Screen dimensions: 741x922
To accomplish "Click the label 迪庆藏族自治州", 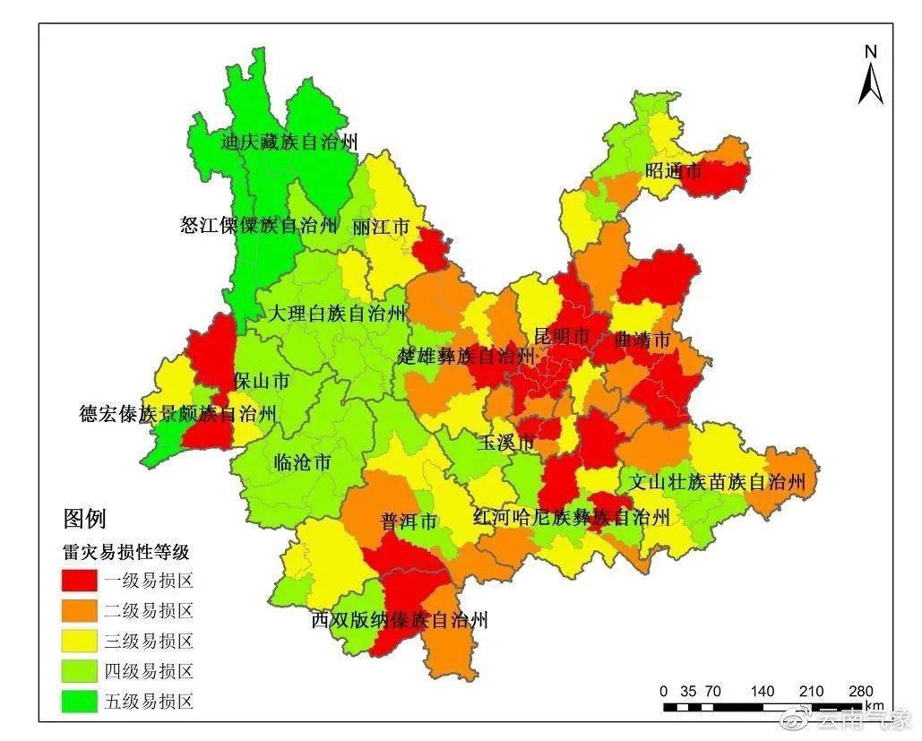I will click(x=289, y=142).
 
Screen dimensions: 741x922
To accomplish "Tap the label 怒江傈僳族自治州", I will click(x=260, y=225).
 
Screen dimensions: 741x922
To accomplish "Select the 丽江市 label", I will click(x=381, y=227).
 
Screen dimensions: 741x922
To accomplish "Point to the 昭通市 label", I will click(x=673, y=169).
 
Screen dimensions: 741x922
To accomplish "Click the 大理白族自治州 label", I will click(x=336, y=314).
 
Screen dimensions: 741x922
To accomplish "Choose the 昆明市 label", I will click(x=562, y=336).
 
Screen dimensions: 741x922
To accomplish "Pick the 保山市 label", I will click(x=261, y=381).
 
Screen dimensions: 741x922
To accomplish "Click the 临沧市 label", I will click(x=301, y=463).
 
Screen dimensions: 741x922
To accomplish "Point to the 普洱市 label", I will click(x=409, y=521).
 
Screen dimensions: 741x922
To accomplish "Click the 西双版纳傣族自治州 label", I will click(x=400, y=619).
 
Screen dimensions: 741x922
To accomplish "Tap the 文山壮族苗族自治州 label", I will click(x=717, y=482).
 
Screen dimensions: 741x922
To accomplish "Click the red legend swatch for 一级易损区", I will click(x=79, y=580).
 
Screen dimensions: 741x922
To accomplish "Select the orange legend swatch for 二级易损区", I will click(x=79, y=611).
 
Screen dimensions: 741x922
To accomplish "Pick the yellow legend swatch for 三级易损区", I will click(x=79, y=641).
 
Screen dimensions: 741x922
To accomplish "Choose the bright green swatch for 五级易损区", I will click(x=79, y=701).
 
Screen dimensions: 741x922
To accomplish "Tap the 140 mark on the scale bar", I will click(x=763, y=691).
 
